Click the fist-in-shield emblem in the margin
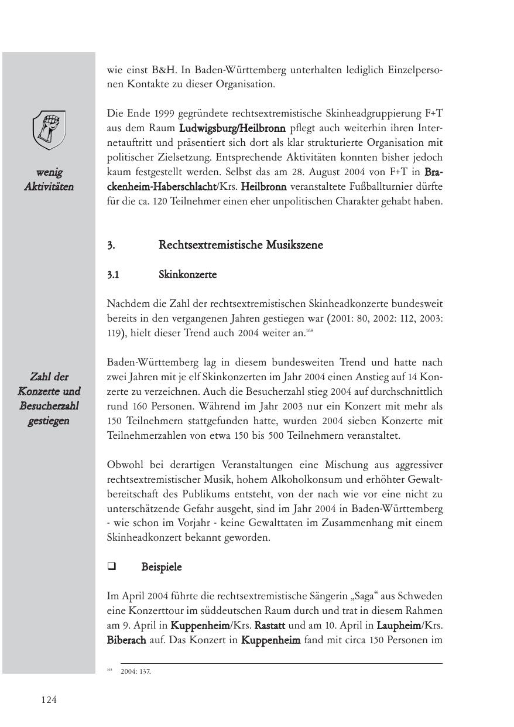(x=49, y=130)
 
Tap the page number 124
(x=49, y=699)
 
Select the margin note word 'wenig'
(x=49, y=172)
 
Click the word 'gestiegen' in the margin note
(x=49, y=421)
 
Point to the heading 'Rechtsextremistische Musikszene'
(x=241, y=245)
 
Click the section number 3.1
(x=114, y=275)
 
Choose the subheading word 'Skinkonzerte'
(x=187, y=275)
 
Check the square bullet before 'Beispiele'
(x=111, y=566)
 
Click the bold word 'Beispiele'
(x=162, y=567)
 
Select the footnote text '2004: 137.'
(x=136, y=672)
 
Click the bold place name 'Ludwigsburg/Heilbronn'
(x=232, y=128)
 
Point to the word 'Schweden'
(x=422, y=596)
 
